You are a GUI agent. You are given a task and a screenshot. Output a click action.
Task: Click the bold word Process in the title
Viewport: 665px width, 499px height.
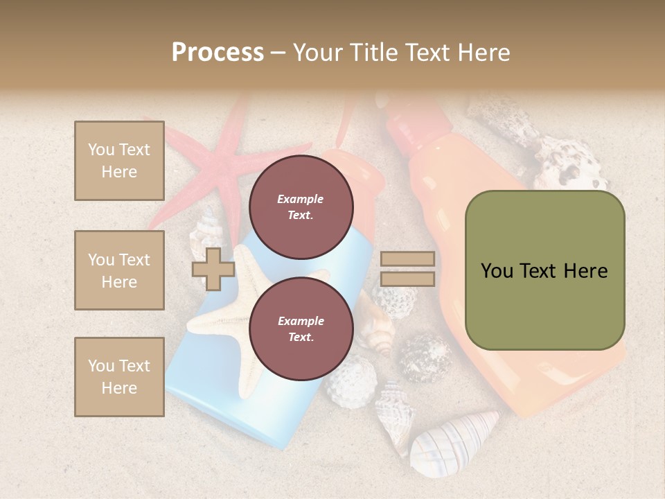pyautogui.click(x=218, y=52)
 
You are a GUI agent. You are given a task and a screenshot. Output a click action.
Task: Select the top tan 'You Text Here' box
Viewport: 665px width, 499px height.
pyautogui.click(x=119, y=161)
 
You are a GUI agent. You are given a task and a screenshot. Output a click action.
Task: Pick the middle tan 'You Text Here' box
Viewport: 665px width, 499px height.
pyautogui.click(x=119, y=270)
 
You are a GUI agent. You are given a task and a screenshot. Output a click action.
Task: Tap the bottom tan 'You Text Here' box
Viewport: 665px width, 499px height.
pyautogui.click(x=119, y=376)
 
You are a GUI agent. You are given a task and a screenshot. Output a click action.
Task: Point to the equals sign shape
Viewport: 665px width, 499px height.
pyautogui.click(x=407, y=269)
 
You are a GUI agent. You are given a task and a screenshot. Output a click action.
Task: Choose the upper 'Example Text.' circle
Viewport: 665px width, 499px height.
pyautogui.click(x=301, y=207)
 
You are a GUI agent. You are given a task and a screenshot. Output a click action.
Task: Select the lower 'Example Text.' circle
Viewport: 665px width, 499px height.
pyautogui.click(x=301, y=329)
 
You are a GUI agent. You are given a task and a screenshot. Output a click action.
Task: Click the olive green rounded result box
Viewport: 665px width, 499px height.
pyautogui.click(x=544, y=270)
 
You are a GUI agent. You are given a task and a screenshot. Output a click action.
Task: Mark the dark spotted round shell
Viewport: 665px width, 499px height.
pyautogui.click(x=424, y=357)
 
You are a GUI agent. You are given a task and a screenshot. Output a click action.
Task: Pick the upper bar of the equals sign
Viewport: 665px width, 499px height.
pyautogui.click(x=407, y=259)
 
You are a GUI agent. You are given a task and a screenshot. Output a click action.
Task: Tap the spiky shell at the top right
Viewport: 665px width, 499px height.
pyautogui.click(x=568, y=163)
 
